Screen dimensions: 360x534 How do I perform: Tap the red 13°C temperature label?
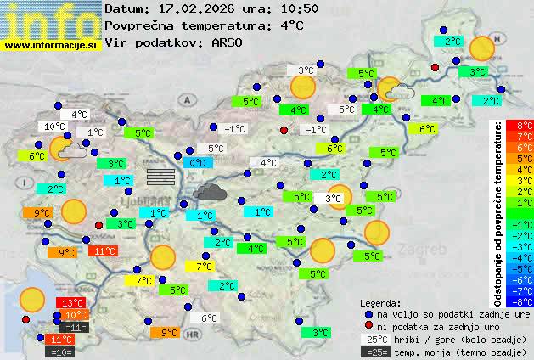[70, 303]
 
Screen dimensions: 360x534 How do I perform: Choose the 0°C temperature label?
[197, 163]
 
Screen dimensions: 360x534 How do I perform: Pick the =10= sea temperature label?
[61, 351]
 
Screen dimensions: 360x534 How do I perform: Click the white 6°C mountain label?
[208, 318]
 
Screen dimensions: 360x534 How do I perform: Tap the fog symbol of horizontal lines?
[160, 176]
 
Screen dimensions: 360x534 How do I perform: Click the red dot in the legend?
[368, 326]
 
